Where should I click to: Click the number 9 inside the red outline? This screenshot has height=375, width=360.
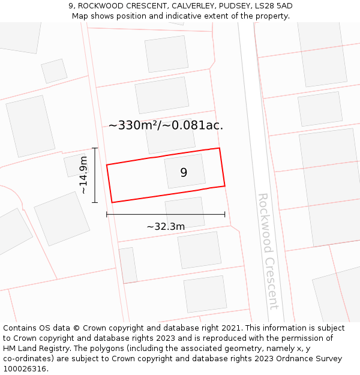coord(184,173)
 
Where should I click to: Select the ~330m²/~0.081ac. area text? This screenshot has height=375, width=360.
coord(166,125)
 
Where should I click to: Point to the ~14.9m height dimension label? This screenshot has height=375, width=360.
coord(83,175)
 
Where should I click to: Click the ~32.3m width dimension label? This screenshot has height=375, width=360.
coord(166,226)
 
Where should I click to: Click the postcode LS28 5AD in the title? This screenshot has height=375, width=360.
coord(273,6)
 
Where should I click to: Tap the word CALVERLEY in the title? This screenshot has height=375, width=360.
coord(191,6)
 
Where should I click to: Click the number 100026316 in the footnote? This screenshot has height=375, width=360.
coord(24,369)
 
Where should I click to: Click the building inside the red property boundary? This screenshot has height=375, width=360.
coord(185,171)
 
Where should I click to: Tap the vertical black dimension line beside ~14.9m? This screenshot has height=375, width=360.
coord(95,175)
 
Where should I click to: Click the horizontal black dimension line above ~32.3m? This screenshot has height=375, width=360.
coord(166,214)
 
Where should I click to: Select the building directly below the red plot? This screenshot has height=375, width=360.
coord(185,211)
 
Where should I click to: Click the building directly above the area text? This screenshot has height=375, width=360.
coord(162,95)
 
